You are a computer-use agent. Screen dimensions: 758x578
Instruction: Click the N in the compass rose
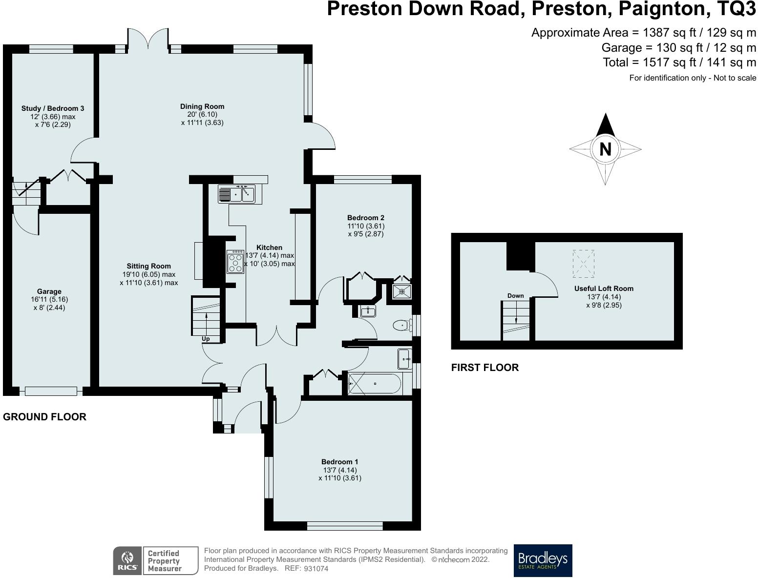point(605,149)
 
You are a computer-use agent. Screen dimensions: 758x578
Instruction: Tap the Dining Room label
point(202,106)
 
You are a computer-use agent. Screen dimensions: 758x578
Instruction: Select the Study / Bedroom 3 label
point(52,108)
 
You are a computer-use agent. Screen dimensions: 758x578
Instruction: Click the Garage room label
point(49,291)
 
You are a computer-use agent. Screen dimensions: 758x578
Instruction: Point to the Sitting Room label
point(149,266)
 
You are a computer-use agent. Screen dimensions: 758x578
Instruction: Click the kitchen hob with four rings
point(235,262)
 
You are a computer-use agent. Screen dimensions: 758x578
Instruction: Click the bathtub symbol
point(374,383)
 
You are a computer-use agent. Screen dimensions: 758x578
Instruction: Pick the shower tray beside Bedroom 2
point(402,291)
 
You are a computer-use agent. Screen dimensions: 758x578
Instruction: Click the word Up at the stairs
point(206,339)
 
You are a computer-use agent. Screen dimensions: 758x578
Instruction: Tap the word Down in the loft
point(516,296)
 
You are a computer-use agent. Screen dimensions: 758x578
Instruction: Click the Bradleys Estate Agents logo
point(543,560)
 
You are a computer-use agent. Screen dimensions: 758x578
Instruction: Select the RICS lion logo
point(127,561)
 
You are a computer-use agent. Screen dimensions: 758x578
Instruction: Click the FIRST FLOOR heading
point(485,368)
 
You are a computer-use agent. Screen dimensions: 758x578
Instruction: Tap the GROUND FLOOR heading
point(44,417)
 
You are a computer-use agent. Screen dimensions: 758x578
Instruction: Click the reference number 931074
point(316,568)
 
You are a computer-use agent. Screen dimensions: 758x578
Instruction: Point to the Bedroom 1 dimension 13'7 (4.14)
point(340,470)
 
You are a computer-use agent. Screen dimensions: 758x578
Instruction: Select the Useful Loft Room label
point(604,289)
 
